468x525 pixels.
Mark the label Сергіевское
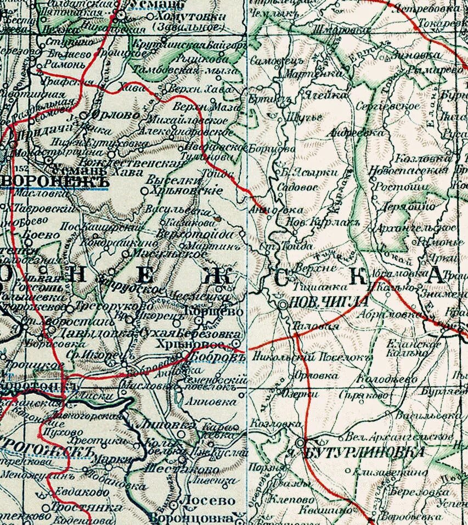click(x=388, y=105)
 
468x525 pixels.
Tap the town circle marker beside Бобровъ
click(x=237, y=343)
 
